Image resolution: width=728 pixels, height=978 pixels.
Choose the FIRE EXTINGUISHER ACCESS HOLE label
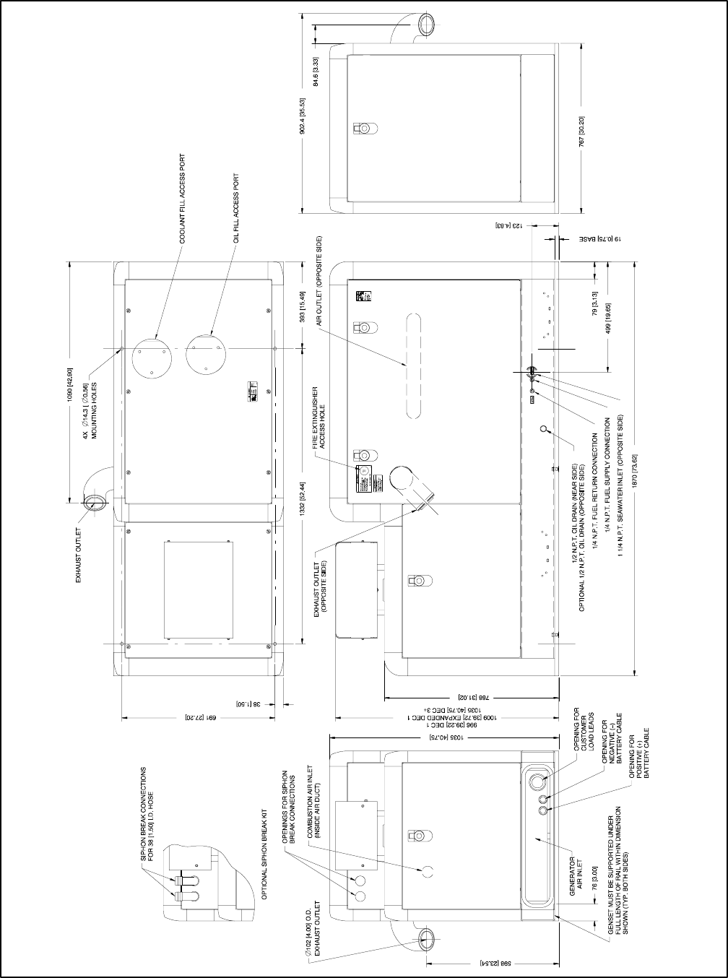click(319, 418)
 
